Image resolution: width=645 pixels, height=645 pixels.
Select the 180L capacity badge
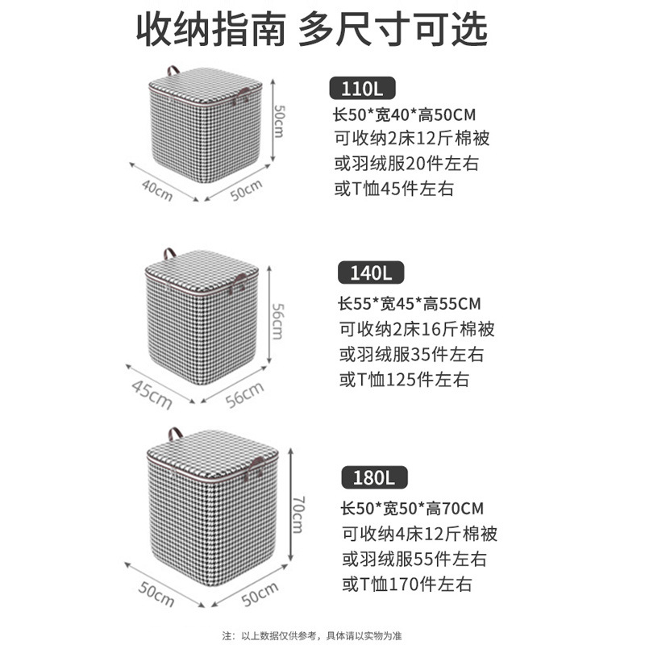pos(373,478)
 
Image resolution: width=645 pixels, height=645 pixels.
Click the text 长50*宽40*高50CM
pos(402,114)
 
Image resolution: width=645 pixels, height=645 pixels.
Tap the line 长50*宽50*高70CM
pos(411,509)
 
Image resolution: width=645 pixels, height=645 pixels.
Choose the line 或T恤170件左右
pos(406,584)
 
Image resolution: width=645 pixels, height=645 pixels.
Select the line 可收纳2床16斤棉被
pos(417,329)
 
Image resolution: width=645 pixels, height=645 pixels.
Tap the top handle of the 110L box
pos(173,69)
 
